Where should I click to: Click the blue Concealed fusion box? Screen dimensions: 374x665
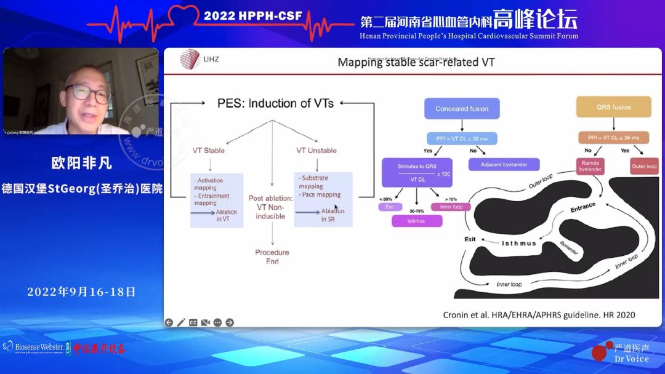(462, 109)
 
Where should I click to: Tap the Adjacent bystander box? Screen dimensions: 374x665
(504, 164)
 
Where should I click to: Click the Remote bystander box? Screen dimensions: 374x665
(590, 166)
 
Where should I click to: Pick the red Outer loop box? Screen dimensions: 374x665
(643, 166)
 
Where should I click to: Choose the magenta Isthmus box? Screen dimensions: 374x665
(417, 220)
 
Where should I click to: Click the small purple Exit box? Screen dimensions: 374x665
(389, 207)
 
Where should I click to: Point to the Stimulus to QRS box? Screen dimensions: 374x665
(417, 173)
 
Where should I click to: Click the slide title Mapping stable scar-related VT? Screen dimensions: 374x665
(416, 62)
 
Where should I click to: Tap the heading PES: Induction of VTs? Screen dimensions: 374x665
(275, 103)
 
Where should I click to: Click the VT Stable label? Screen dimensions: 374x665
(209, 151)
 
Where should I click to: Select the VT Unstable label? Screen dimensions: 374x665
(316, 151)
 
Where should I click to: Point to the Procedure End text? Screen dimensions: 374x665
(272, 257)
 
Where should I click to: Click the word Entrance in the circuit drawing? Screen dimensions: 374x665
(582, 208)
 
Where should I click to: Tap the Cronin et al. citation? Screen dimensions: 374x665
(539, 314)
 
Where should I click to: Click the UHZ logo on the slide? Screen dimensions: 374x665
(199, 59)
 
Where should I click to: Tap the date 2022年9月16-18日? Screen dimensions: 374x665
(81, 292)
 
